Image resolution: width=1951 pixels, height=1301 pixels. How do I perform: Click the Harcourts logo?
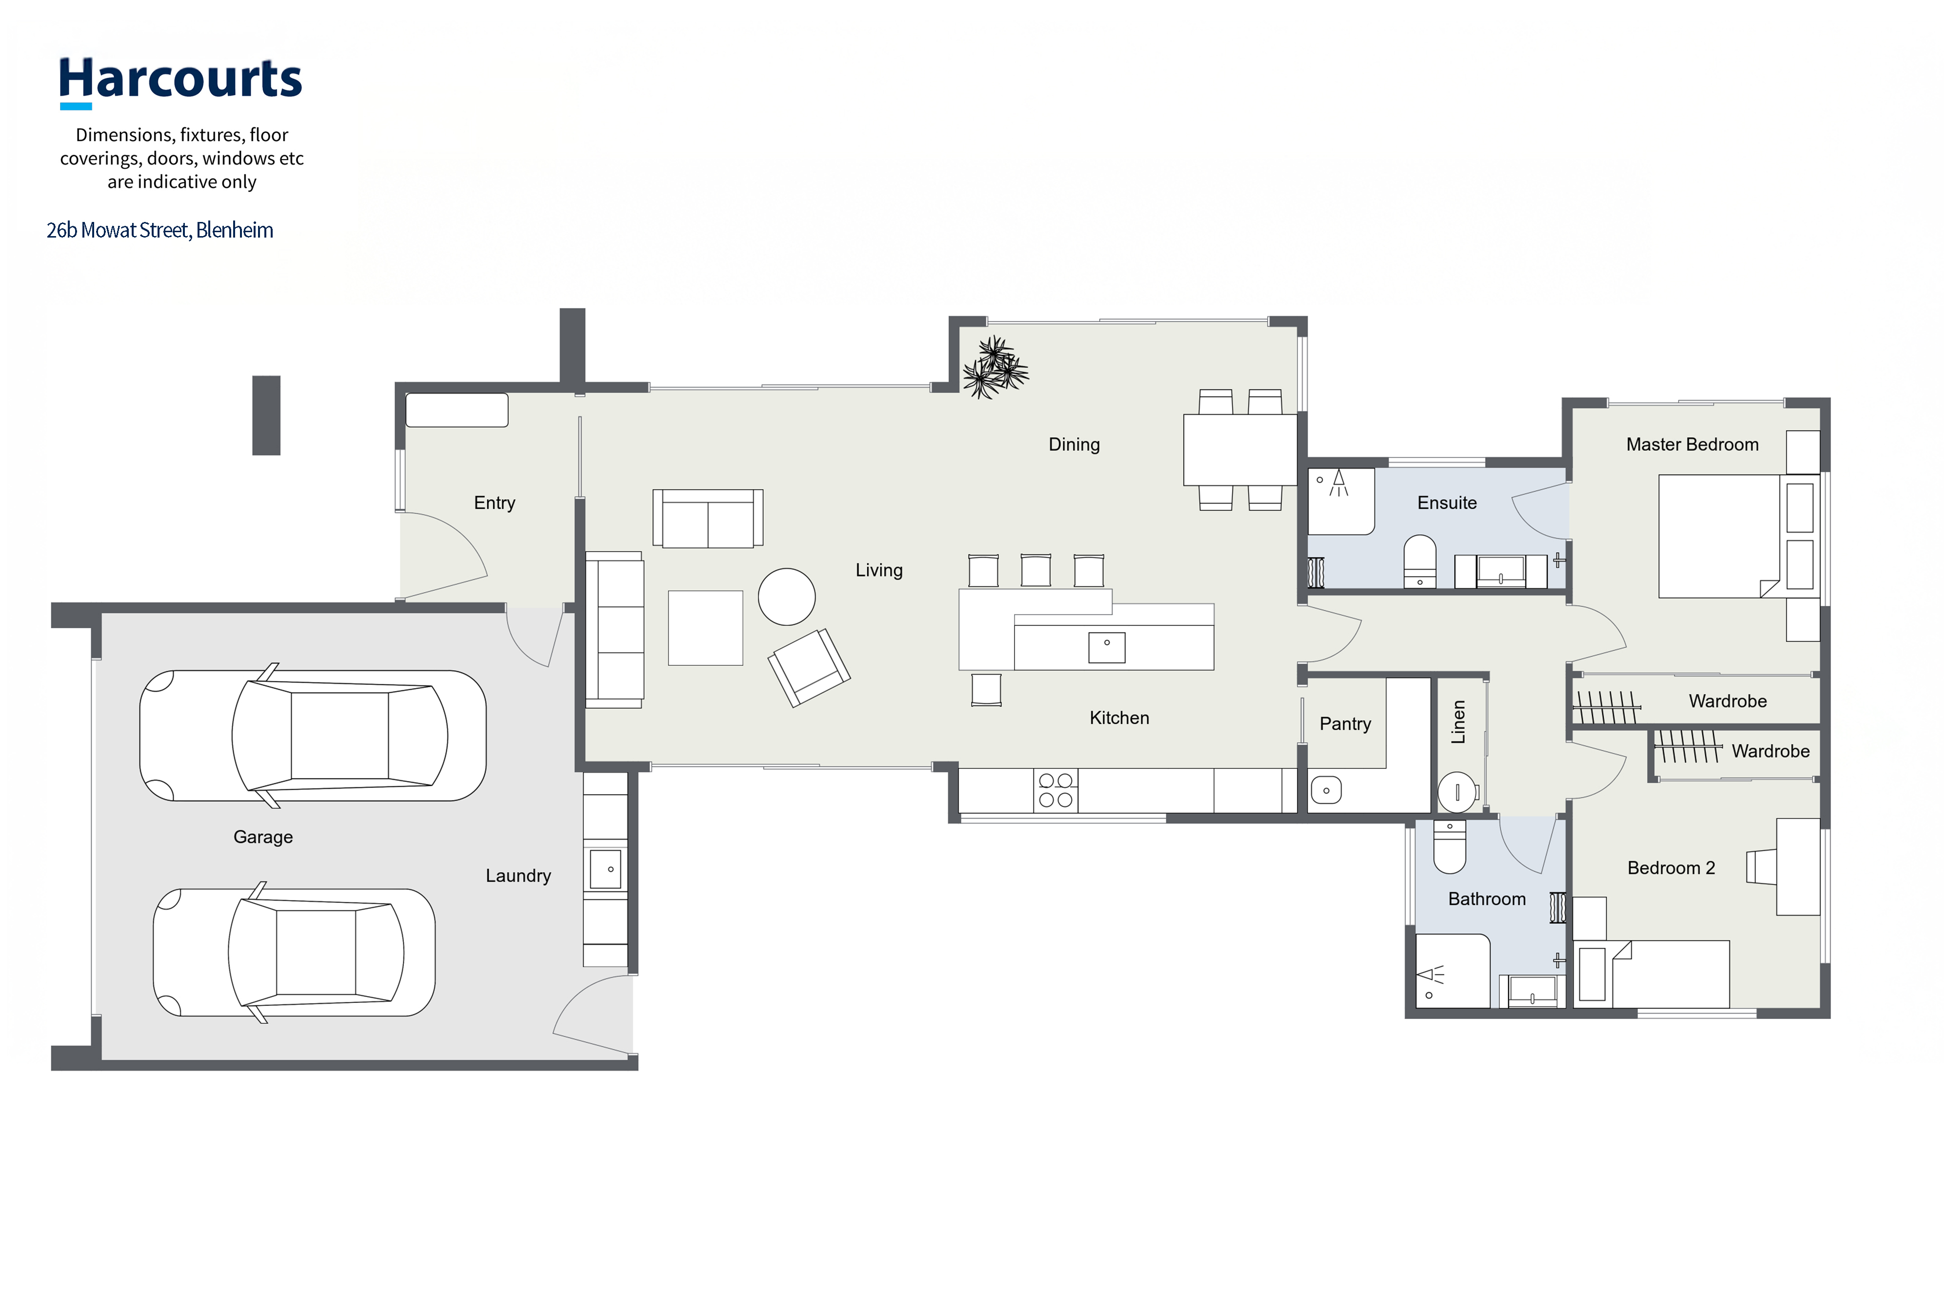click(180, 82)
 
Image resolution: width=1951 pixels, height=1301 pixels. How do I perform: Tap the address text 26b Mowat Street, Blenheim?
click(160, 230)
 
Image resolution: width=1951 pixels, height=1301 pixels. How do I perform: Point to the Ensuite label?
click(1447, 503)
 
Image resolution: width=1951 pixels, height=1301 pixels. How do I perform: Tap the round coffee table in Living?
click(786, 597)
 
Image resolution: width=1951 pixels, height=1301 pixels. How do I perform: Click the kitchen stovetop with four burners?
click(1056, 790)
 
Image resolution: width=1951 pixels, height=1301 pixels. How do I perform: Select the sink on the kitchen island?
click(1107, 647)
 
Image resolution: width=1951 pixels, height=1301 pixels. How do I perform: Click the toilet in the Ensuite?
click(1420, 561)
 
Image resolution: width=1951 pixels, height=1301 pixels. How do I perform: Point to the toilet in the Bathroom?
click(1449, 846)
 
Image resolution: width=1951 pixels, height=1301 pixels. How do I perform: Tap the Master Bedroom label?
click(1692, 445)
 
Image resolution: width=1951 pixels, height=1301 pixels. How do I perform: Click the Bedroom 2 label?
click(1671, 868)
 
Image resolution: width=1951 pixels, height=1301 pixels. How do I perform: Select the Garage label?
click(263, 837)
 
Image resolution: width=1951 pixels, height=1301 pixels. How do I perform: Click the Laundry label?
click(518, 876)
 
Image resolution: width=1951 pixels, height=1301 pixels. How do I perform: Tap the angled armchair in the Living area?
click(809, 667)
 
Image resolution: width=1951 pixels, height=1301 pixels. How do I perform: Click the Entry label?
click(495, 503)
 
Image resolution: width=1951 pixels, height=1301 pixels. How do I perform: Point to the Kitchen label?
click(1119, 718)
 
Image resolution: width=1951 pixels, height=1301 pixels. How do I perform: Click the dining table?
click(1239, 450)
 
